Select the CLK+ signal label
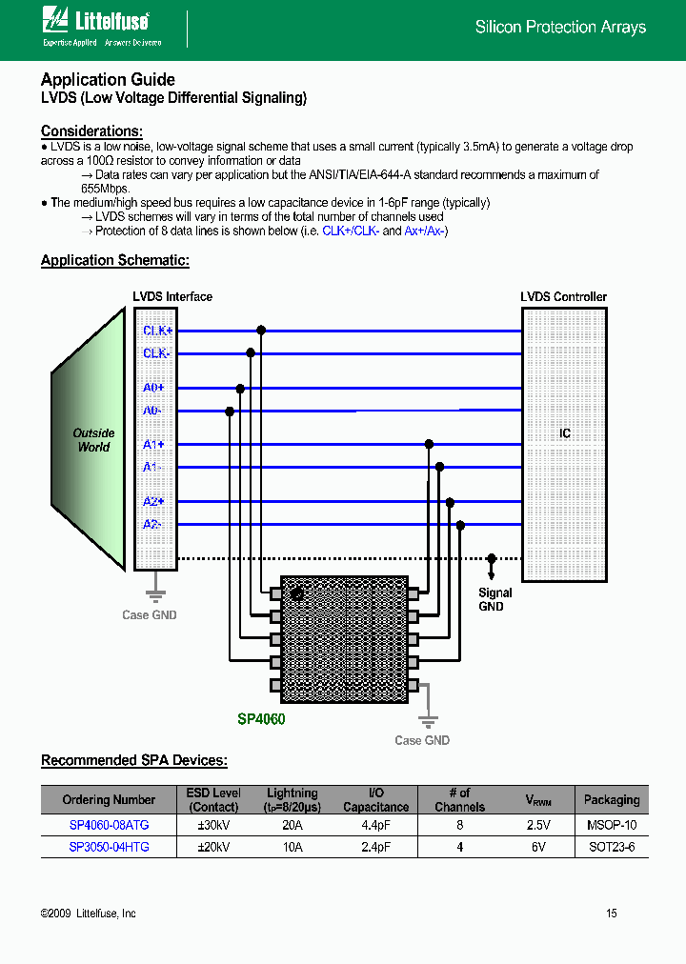click(x=156, y=331)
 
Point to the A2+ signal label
click(x=153, y=501)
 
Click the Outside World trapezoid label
click(x=93, y=440)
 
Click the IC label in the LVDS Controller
click(x=565, y=433)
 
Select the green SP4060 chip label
click(x=261, y=719)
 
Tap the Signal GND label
click(x=494, y=599)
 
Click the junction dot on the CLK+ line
click(x=261, y=331)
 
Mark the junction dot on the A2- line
click(x=460, y=525)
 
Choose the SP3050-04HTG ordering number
click(x=109, y=846)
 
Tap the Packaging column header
click(x=611, y=800)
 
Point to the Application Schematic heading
click(x=115, y=260)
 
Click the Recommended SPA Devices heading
click(x=134, y=760)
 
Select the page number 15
click(x=612, y=914)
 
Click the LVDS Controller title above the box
click(x=563, y=297)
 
